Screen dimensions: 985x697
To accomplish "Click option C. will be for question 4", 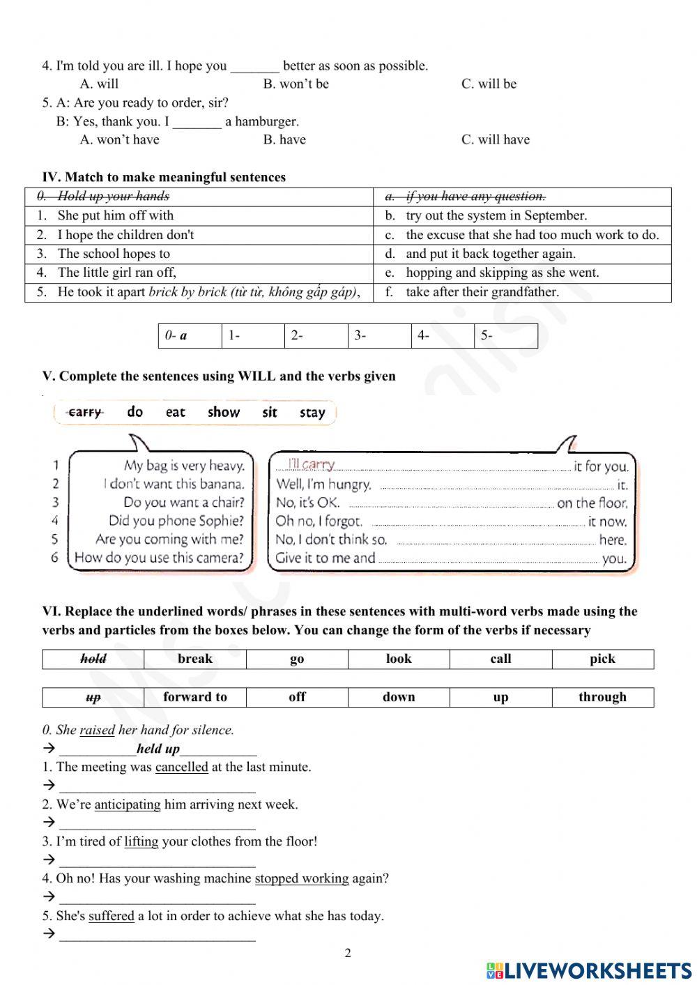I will (x=489, y=84).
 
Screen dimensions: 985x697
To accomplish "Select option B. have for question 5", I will (x=284, y=140).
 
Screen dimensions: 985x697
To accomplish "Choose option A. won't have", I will (x=119, y=140).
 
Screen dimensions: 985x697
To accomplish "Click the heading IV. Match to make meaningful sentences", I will (x=164, y=177).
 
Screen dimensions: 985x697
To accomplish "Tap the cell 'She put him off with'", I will (x=115, y=215).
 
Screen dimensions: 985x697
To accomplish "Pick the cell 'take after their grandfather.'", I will (x=482, y=292).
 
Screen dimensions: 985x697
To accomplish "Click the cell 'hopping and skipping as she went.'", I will (x=502, y=273).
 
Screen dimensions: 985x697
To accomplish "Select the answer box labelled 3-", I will (x=379, y=336).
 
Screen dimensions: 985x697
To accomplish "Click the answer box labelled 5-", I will (x=505, y=336).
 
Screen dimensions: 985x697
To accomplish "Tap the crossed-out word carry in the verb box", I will (x=85, y=413).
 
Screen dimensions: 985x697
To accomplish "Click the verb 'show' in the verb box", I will (x=223, y=413).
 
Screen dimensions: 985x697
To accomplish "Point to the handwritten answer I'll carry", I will (x=312, y=464).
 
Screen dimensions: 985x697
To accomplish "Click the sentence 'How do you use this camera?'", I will (x=159, y=558).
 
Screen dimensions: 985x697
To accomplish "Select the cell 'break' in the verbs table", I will (x=195, y=659).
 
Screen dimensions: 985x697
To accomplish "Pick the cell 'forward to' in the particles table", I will (x=195, y=697).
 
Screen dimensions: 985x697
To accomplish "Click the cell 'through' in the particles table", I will (x=602, y=697).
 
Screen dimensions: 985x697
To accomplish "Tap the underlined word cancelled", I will (x=181, y=768).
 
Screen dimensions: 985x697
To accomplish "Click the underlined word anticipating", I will (x=128, y=804).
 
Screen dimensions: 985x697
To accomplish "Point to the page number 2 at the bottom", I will (x=348, y=953).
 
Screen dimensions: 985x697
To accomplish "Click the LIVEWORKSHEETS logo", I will (x=589, y=970).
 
